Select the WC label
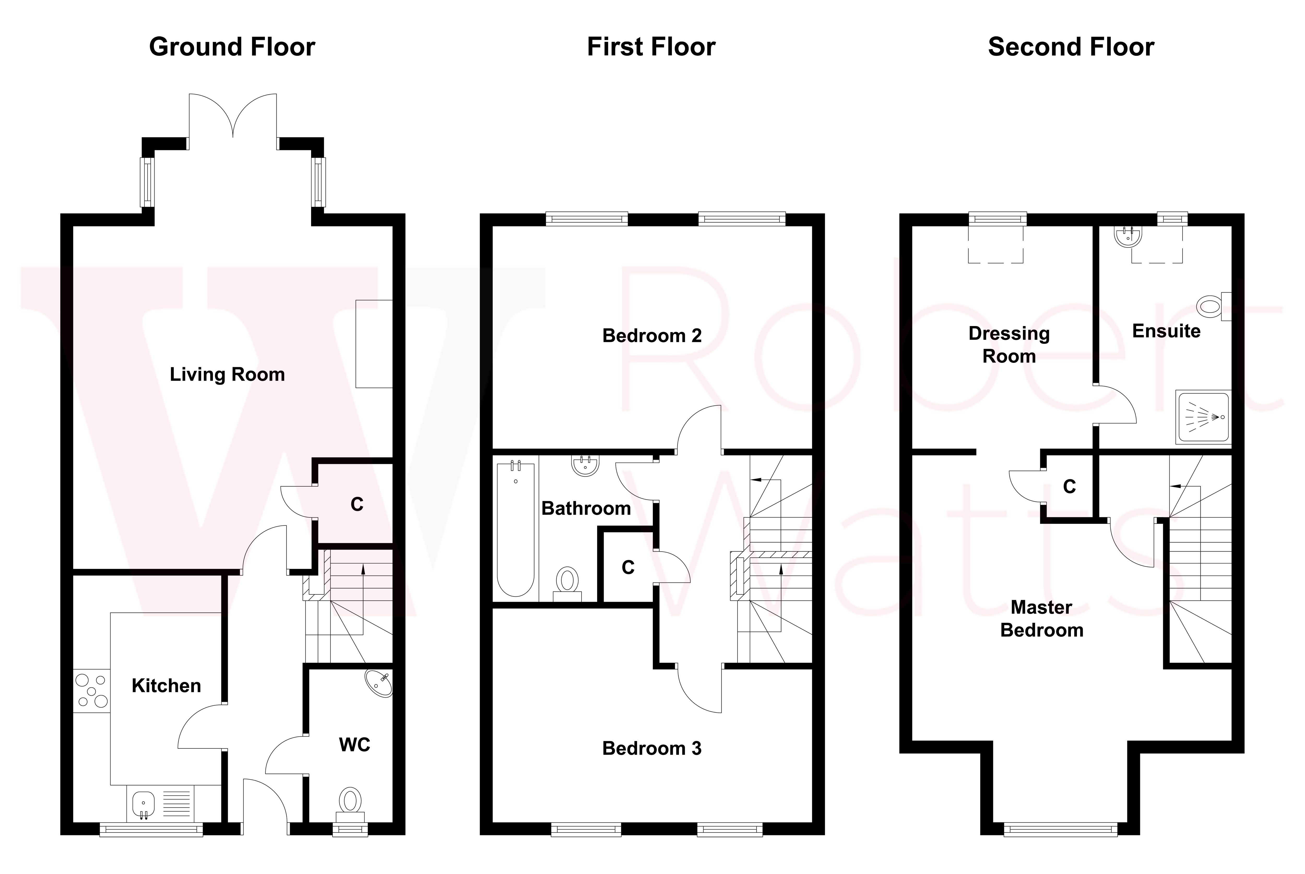(x=354, y=745)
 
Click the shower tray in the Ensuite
(x=1203, y=417)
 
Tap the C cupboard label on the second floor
(x=1069, y=487)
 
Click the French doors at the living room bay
(x=233, y=117)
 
